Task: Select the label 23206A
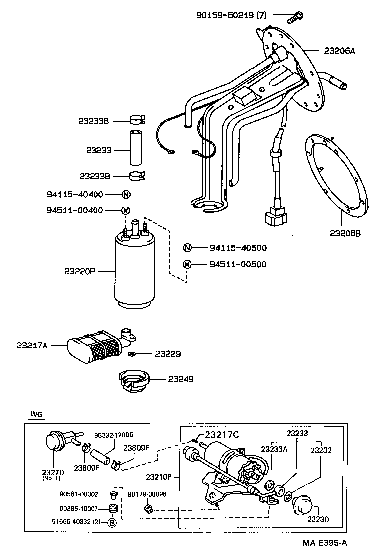pyautogui.click(x=339, y=51)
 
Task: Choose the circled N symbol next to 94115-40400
pyautogui.click(x=126, y=194)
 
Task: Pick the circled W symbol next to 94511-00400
pyautogui.click(x=126, y=210)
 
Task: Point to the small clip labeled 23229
pyautogui.click(x=132, y=354)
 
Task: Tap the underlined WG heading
pyautogui.click(x=36, y=414)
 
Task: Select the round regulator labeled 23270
pyautogui.click(x=53, y=441)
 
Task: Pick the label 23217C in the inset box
pyautogui.click(x=222, y=435)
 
